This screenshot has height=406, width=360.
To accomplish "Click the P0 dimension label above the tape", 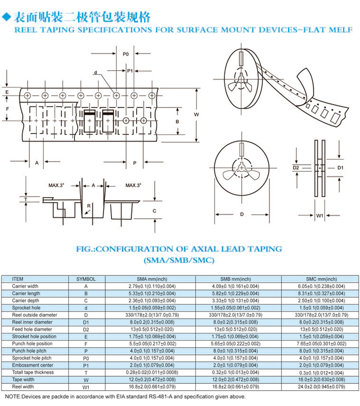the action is click(x=125, y=54).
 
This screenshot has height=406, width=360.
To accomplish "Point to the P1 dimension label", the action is click(x=130, y=71).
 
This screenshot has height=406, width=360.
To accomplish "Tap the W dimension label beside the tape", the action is click(x=196, y=114).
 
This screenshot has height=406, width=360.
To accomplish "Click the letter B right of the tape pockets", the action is click(x=177, y=121).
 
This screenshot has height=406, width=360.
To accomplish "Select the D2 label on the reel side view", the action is click(x=296, y=168).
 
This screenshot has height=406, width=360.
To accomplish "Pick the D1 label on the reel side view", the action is click(x=340, y=168).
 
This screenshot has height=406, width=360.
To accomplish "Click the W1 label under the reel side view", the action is click(x=320, y=216).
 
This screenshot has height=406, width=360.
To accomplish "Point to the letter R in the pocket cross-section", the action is click(x=89, y=206).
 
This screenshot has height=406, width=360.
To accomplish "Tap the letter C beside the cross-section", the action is click(x=154, y=211).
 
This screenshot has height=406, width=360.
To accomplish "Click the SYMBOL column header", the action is click(x=86, y=279).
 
